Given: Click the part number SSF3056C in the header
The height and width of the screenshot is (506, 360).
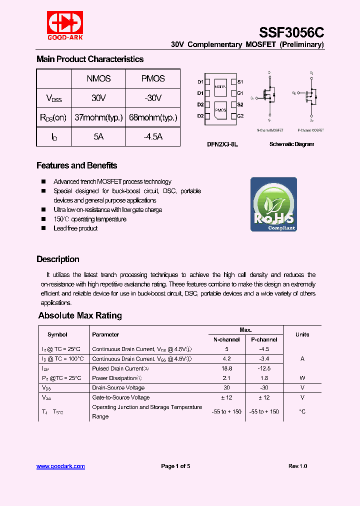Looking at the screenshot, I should click(x=291, y=32).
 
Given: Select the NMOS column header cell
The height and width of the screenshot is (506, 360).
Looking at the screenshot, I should click(x=98, y=78).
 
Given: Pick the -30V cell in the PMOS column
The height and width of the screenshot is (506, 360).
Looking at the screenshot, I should click(x=152, y=98).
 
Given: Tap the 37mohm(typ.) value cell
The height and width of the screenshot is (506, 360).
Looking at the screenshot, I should click(x=98, y=117).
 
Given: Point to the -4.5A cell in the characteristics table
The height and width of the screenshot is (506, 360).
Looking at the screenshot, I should click(x=152, y=136).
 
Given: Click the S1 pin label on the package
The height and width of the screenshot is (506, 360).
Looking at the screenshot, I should click(x=240, y=81).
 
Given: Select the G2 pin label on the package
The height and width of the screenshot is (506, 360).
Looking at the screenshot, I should click(x=240, y=116).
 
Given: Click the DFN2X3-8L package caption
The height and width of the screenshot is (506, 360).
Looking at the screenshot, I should click(x=222, y=144).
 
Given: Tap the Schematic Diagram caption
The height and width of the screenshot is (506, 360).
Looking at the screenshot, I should click(x=291, y=144).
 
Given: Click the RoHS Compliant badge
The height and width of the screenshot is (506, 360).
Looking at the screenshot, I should click(x=273, y=204).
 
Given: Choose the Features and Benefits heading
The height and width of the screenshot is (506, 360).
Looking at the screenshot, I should click(x=76, y=165).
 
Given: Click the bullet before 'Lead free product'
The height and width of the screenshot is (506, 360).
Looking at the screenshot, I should click(x=43, y=228).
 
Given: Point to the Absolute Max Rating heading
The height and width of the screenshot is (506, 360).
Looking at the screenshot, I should click(x=80, y=315).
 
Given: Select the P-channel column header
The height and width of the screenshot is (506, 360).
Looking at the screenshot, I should click(x=263, y=339).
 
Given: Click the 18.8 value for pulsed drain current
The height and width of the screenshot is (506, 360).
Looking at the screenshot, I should click(x=227, y=368).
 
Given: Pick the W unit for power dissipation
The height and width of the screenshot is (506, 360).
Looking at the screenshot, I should click(x=302, y=378).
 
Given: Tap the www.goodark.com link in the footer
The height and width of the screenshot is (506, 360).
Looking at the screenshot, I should click(x=60, y=466).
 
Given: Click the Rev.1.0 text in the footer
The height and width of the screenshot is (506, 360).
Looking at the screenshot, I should click(x=297, y=466).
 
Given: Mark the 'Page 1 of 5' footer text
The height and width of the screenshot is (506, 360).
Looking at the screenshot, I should click(x=175, y=466).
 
